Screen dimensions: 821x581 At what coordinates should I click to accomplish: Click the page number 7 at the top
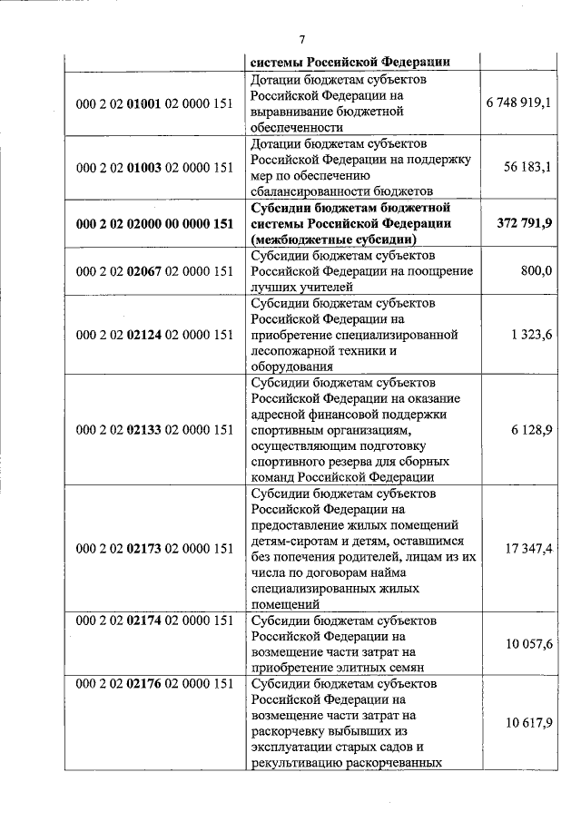pyautogui.click(x=301, y=38)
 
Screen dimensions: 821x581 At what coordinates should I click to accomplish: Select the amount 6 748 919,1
pyautogui.click(x=518, y=103)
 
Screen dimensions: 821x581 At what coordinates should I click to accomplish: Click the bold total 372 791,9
pyautogui.click(x=526, y=223)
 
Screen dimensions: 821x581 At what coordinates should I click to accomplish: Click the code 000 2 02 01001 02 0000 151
pyautogui.click(x=154, y=104)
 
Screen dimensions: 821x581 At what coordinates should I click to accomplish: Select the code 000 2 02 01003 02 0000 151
pyautogui.click(x=154, y=168)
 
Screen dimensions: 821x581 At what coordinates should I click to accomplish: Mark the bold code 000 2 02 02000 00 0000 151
pyautogui.click(x=154, y=224)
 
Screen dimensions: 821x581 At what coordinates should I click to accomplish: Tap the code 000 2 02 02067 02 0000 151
pyautogui.click(x=154, y=271)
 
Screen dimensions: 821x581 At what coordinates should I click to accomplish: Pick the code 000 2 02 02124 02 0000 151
pyautogui.click(x=154, y=335)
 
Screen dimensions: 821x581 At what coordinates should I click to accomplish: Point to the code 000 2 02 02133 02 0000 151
pyautogui.click(x=154, y=429)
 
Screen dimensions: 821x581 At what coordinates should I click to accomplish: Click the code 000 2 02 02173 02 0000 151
pyautogui.click(x=154, y=548)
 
